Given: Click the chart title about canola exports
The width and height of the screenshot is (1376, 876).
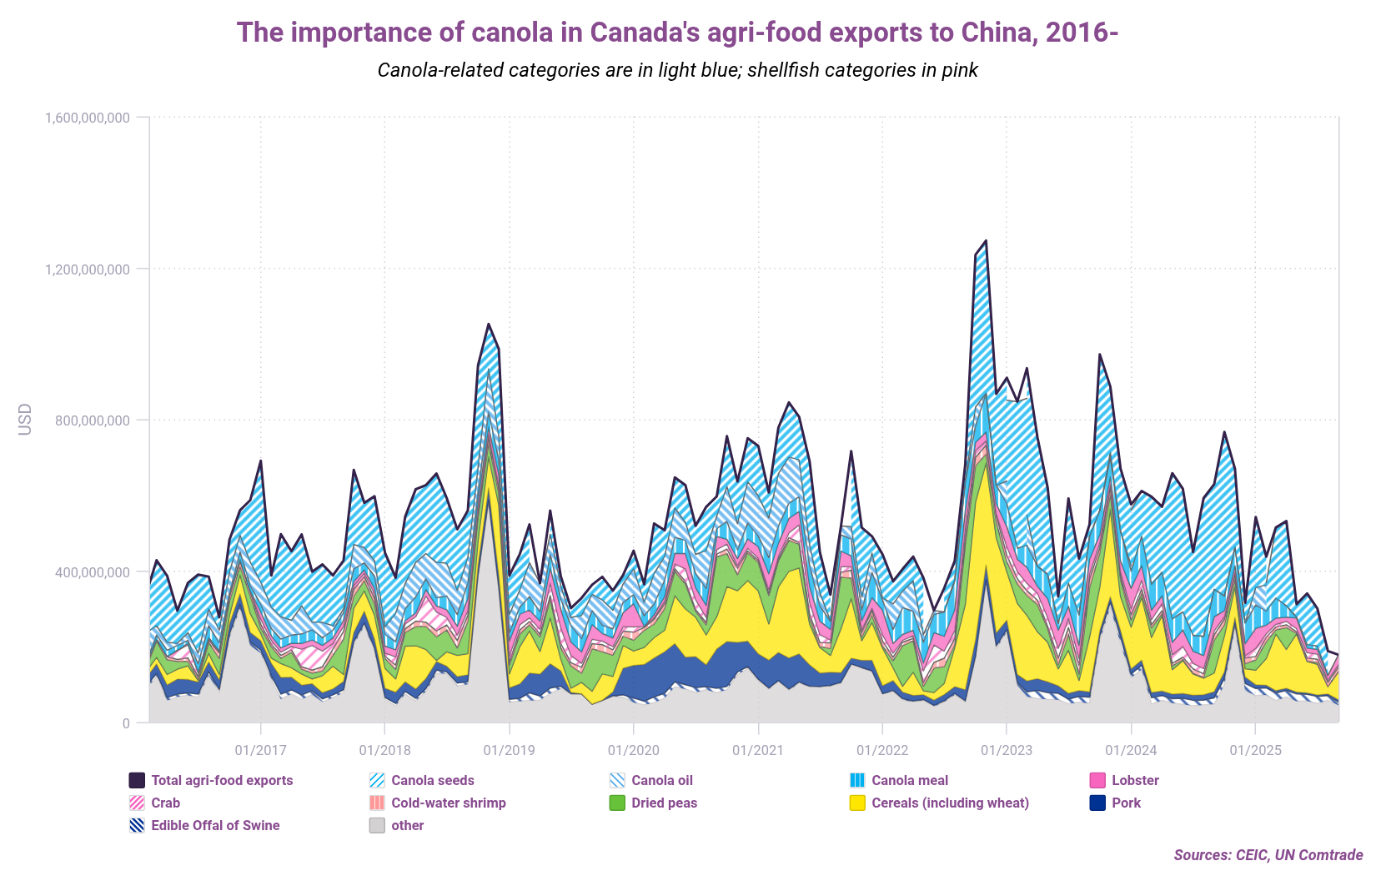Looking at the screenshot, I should pos(677,33).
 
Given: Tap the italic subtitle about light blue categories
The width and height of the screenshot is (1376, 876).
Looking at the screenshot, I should pos(677,70).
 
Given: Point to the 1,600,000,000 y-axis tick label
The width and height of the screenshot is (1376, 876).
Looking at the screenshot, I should pos(87,118).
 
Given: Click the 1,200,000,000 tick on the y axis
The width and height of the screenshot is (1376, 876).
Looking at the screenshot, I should pos(87,269).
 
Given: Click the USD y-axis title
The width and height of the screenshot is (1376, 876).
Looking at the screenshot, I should pos(25,420).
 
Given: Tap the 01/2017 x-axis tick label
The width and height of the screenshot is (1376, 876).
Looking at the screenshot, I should pos(260,750).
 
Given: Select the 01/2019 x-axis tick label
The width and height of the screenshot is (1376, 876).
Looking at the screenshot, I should pos(509,750).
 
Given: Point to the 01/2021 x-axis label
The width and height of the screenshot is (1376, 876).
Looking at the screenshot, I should pos(757,750).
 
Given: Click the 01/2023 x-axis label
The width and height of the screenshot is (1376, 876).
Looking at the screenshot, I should pos(1006,750).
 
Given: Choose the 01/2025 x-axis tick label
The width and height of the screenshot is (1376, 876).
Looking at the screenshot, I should pos(1254,750).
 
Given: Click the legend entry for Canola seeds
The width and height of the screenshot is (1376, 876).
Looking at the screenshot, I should pos(432,781).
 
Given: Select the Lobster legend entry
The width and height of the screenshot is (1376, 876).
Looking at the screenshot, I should pos(1134,781).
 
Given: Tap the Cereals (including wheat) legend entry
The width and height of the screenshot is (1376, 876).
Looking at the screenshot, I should pos(949,803).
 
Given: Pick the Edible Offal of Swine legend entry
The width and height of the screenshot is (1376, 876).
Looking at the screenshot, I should pos(214,826).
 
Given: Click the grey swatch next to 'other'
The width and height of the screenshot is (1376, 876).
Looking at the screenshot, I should pos(377,826).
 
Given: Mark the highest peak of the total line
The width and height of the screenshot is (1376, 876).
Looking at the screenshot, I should pos(986,241).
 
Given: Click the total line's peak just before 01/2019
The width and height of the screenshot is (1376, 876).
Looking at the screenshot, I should pos(489,324).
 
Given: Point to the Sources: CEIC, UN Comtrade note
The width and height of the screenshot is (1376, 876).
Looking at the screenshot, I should pos(1268,855).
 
